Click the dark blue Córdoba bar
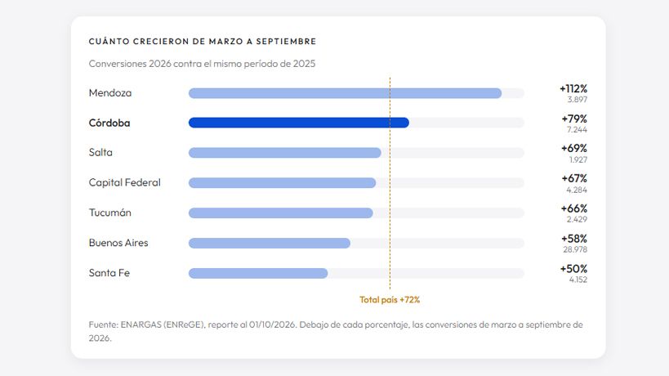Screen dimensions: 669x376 (299, 123)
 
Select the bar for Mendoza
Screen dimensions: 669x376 (345, 93)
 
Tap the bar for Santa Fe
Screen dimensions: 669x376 (258, 273)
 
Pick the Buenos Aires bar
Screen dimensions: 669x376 (270, 244)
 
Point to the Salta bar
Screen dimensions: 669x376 (284, 153)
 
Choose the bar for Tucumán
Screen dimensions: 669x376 (281, 213)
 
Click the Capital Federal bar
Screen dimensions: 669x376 (282, 183)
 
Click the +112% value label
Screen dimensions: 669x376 (573, 89)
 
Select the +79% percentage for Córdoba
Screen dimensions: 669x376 (574, 119)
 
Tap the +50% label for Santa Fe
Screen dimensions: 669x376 (573, 269)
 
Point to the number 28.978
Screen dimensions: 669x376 (575, 249)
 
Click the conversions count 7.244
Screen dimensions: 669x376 (577, 130)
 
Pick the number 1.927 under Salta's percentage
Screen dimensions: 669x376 (578, 160)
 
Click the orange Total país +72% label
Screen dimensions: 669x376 (390, 300)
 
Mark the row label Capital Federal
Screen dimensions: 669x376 (125, 182)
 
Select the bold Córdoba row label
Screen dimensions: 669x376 (109, 123)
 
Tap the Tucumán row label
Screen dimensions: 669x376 (109, 213)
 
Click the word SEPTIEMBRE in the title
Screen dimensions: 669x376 (286, 42)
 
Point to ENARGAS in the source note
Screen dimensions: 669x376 (140, 325)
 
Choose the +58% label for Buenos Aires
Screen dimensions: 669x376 (574, 239)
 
